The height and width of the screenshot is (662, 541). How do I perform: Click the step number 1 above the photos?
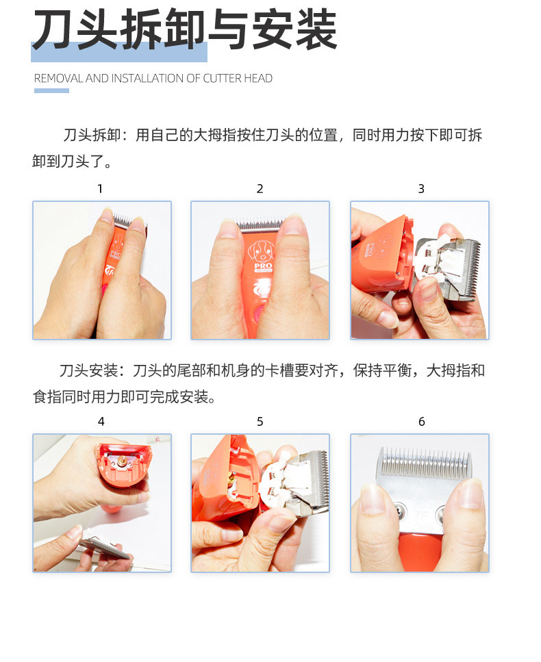[100, 189]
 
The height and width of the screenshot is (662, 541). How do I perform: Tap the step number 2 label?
[260, 189]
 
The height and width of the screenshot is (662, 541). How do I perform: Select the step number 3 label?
[421, 189]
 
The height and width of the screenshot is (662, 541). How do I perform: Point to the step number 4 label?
[101, 421]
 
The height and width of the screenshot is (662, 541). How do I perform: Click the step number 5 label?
[260, 421]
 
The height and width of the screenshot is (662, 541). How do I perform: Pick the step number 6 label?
[421, 421]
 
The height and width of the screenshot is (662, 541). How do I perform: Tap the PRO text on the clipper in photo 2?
[263, 266]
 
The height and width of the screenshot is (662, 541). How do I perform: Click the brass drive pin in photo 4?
[121, 461]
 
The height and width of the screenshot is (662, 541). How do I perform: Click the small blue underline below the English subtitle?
[51, 91]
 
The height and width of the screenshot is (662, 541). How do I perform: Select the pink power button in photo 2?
[257, 314]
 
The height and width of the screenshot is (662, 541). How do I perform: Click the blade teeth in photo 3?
[472, 267]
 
